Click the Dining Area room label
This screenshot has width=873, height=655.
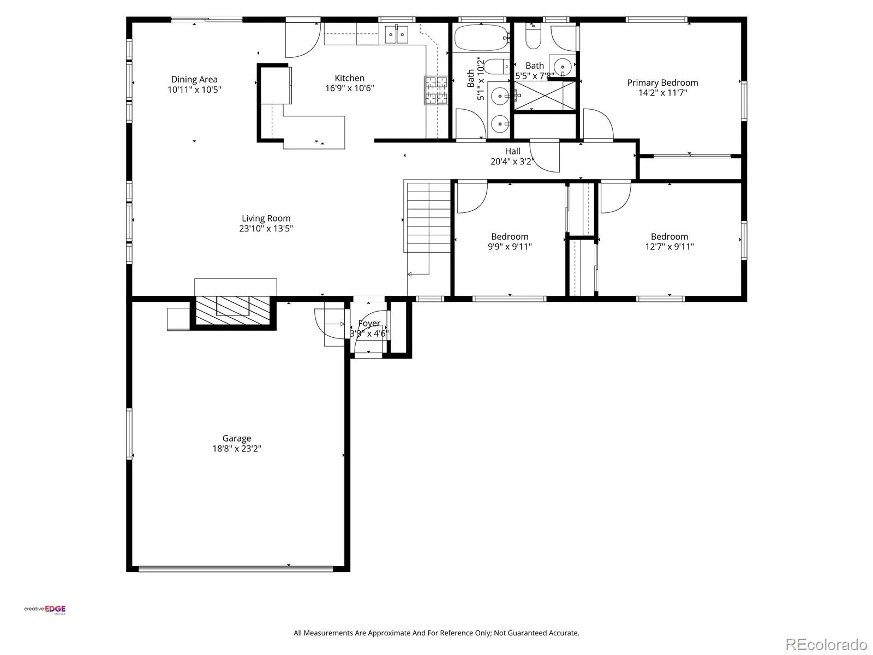click(194, 80)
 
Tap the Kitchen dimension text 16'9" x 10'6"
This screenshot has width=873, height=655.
click(350, 88)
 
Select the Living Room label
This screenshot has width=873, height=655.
click(266, 218)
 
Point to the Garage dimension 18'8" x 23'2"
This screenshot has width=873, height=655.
click(237, 449)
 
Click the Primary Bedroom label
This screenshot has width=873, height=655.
click(662, 83)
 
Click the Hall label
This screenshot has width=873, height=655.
click(512, 152)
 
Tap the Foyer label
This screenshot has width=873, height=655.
click(369, 323)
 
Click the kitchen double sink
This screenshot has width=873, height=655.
click(397, 34)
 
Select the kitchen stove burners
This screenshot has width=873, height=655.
click(436, 90)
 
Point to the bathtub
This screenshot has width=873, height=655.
click(482, 37)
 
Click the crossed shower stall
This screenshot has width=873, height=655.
click(545, 96)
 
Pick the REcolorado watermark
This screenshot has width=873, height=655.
click(827, 644)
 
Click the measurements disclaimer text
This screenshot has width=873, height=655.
click(436, 633)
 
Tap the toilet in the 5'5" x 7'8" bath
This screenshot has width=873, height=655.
click(533, 36)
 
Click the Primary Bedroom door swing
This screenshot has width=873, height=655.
click(598, 124)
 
